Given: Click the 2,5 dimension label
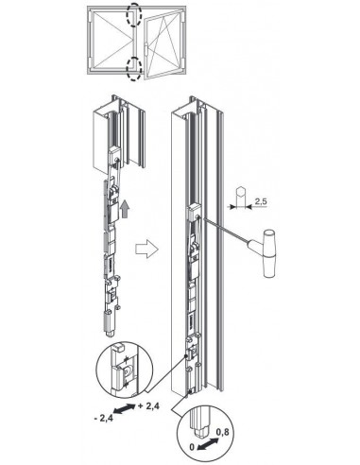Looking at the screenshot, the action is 261,201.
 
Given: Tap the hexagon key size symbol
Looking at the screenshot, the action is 240,192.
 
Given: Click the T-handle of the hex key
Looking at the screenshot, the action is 269,254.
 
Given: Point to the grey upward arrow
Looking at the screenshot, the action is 125,209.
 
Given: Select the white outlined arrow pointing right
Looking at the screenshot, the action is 146,250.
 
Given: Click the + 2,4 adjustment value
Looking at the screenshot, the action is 148,406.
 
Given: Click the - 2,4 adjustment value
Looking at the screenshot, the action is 103,419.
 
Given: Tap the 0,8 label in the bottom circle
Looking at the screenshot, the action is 223,432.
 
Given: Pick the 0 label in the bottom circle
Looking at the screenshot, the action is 192,447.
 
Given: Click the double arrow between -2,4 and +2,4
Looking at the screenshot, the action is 125,409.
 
